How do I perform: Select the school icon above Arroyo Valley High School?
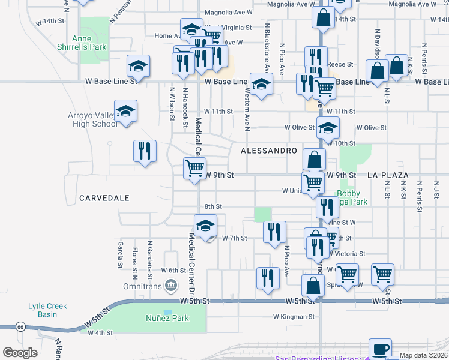125,112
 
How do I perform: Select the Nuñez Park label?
167,319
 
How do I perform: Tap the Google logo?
20,353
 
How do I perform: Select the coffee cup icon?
379,349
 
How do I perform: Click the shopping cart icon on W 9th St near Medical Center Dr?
194,169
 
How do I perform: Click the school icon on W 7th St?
205,226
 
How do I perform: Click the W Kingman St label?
294,316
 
